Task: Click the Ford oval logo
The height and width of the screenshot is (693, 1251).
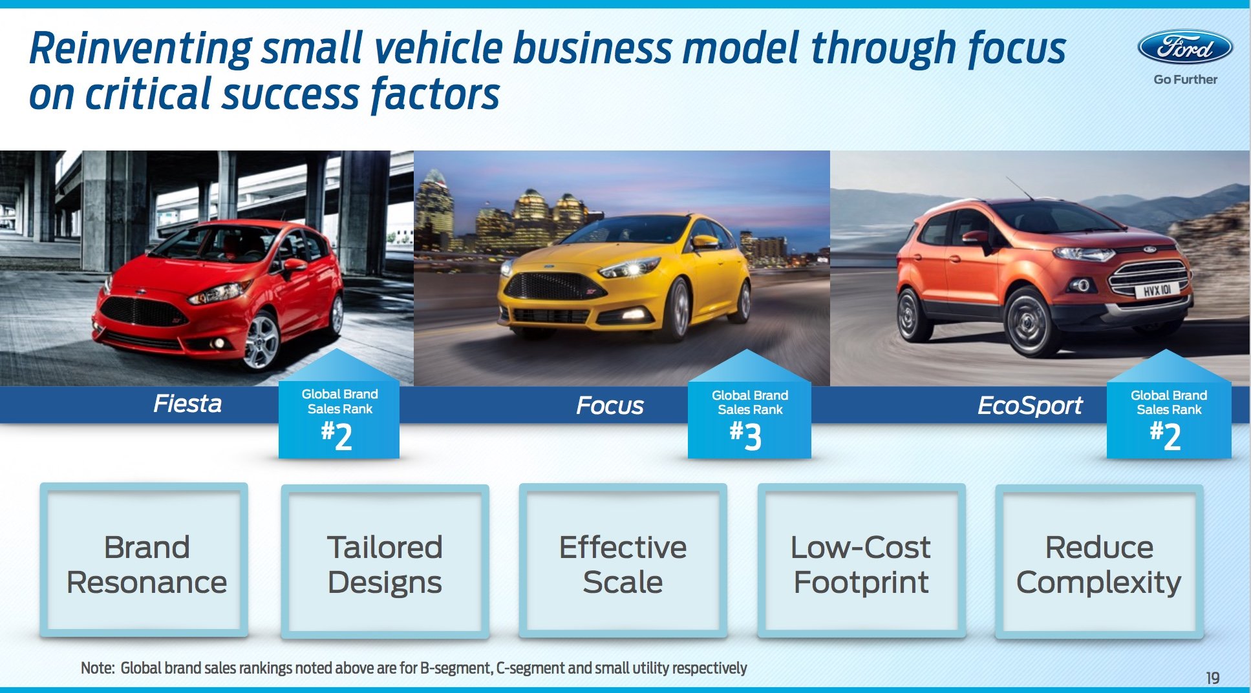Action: click(x=1185, y=47)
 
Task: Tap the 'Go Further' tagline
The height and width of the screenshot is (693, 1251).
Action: click(x=1185, y=79)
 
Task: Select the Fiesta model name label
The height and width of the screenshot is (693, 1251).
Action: click(x=187, y=404)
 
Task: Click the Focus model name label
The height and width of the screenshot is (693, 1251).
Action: click(x=610, y=406)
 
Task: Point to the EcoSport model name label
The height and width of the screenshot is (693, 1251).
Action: click(x=1030, y=406)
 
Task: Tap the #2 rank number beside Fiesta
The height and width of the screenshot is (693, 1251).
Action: click(x=337, y=436)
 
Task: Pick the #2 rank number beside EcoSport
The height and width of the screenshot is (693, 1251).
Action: click(x=1165, y=436)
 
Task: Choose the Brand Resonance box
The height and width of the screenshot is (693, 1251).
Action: click(x=144, y=560)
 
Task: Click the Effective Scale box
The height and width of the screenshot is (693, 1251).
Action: click(x=623, y=561)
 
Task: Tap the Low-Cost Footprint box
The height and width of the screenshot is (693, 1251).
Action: click(x=861, y=561)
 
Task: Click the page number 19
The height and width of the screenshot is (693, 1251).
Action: click(x=1212, y=678)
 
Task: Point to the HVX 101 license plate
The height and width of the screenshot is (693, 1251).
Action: click(x=1157, y=291)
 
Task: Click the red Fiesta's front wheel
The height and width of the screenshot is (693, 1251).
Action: click(x=262, y=340)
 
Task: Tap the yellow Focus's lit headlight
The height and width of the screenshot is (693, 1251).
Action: click(x=630, y=267)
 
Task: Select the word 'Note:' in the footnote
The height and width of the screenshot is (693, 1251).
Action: click(x=98, y=668)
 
